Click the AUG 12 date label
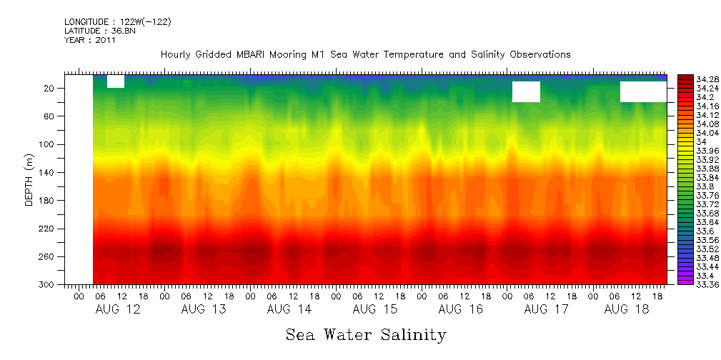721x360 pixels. coord(117,309)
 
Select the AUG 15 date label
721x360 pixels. coord(374,309)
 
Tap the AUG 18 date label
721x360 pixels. coord(626,309)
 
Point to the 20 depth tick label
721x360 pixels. coord(51,89)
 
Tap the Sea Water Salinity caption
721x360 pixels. coord(366,334)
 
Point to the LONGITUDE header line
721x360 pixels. coord(117,22)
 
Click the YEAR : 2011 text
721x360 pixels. coord(89,41)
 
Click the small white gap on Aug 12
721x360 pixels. coord(116,81)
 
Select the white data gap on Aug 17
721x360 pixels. coord(526,91)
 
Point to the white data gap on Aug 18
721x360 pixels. coord(643,91)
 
